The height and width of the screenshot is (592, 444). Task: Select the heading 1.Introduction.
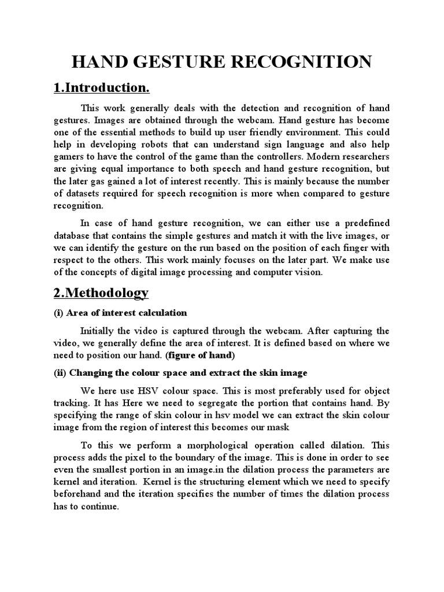pos(101,88)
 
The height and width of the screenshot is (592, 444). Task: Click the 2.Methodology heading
pos(101,293)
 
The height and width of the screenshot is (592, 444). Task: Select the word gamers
pos(69,157)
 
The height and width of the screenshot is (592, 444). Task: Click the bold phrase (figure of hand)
pos(201,354)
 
